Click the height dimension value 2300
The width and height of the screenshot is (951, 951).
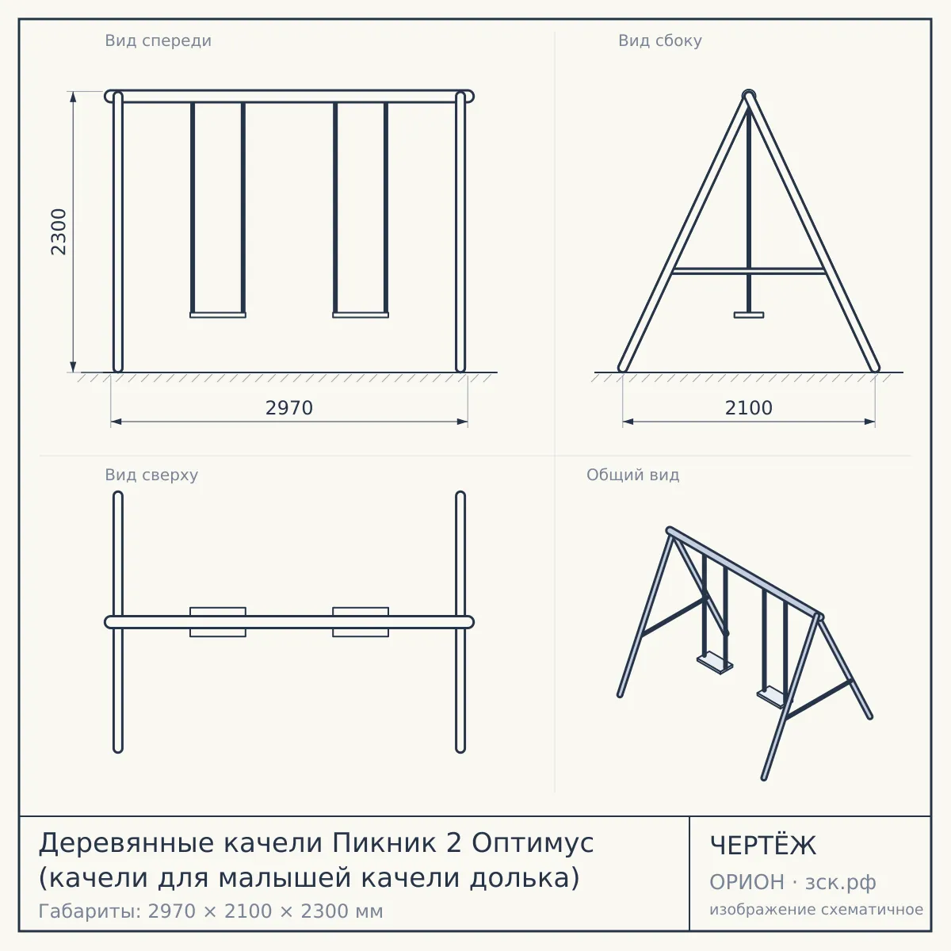(59, 231)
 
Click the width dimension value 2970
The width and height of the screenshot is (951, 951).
(289, 408)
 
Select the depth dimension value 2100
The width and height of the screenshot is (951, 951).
(749, 408)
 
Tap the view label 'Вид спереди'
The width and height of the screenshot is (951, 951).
(158, 40)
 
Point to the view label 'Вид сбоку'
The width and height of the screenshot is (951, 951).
(660, 40)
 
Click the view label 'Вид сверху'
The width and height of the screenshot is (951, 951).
(151, 475)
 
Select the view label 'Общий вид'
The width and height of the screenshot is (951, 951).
(632, 475)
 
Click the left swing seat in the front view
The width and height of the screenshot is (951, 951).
(218, 315)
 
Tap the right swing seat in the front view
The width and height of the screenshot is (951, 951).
(361, 315)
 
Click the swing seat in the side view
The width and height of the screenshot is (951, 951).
(749, 315)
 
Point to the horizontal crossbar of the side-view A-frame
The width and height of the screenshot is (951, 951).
(749, 271)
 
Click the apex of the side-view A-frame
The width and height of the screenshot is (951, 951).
(749, 94)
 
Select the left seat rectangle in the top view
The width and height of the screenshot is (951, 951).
(218, 622)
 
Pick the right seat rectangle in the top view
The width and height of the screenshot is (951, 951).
(361, 622)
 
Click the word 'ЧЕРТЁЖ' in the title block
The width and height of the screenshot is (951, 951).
(763, 846)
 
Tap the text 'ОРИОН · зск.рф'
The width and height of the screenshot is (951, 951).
(792, 882)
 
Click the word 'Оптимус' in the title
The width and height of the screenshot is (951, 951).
(533, 843)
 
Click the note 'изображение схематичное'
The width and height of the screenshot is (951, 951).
(816, 909)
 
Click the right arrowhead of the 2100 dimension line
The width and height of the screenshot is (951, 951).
(869, 422)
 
